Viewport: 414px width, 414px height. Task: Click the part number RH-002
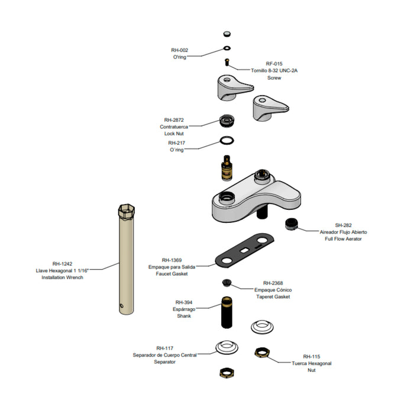[180, 50]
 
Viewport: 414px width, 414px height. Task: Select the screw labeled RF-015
[227, 62]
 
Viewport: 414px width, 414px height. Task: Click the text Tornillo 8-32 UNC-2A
[274, 70]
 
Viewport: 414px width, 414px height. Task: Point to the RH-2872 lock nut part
[227, 121]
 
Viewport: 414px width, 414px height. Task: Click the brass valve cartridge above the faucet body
[227, 168]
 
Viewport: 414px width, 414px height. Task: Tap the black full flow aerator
[292, 224]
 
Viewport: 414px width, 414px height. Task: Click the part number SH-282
[343, 225]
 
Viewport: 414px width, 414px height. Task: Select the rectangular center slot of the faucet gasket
[244, 250]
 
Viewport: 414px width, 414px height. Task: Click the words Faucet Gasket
[172, 274]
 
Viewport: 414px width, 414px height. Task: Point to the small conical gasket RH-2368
[227, 283]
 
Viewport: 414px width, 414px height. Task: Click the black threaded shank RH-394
[227, 312]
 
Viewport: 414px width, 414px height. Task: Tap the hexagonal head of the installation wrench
[126, 211]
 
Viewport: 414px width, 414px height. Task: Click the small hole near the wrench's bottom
[121, 306]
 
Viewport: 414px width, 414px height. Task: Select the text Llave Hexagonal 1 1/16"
[62, 271]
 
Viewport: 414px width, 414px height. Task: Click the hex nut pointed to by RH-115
[262, 352]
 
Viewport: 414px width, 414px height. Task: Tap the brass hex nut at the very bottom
[227, 373]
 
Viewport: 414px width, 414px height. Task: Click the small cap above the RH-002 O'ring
[227, 34]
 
